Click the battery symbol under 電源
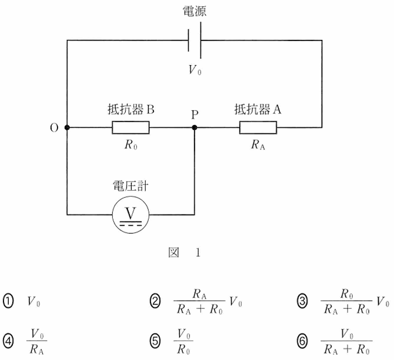tap(195, 41)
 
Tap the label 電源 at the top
tap(195, 12)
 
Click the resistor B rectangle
tap(131, 127)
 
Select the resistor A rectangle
tap(258, 127)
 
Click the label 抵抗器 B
tap(131, 109)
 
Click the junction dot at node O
tap(68, 127)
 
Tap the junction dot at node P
tap(195, 127)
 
